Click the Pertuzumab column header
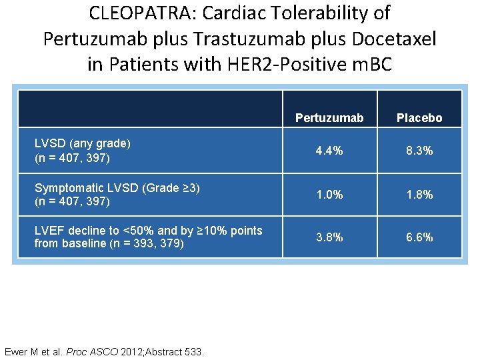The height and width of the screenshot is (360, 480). click(329, 118)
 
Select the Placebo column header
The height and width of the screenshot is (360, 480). click(419, 118)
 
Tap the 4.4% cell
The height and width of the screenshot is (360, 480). click(329, 151)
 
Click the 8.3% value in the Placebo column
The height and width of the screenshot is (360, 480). click(419, 151)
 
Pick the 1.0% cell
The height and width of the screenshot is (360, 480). click(329, 195)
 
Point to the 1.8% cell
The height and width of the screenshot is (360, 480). click(419, 195)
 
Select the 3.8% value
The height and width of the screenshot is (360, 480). click(329, 237)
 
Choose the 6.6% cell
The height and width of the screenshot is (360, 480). click(419, 237)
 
